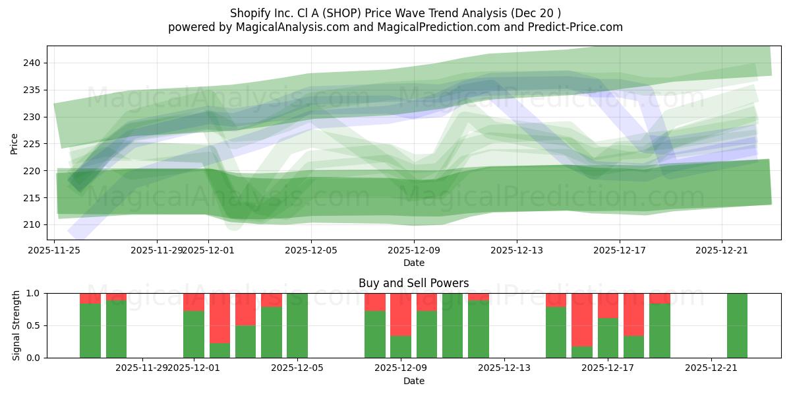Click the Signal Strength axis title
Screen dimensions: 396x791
pos(17,325)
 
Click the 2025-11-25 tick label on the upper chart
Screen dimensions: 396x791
pos(54,250)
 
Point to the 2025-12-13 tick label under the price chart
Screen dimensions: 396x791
pos(517,250)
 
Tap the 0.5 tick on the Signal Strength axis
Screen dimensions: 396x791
pos(34,325)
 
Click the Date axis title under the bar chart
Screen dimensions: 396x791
pos(413,381)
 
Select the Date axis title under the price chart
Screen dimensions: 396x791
pos(413,263)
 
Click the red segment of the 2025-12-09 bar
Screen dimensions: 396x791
pos(401,314)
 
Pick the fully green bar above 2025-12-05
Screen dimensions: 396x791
pos(297,325)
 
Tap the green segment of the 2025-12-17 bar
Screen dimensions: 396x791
pos(608,337)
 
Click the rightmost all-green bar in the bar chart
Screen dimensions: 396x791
pos(737,325)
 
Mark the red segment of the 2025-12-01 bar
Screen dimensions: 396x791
pos(194,302)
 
